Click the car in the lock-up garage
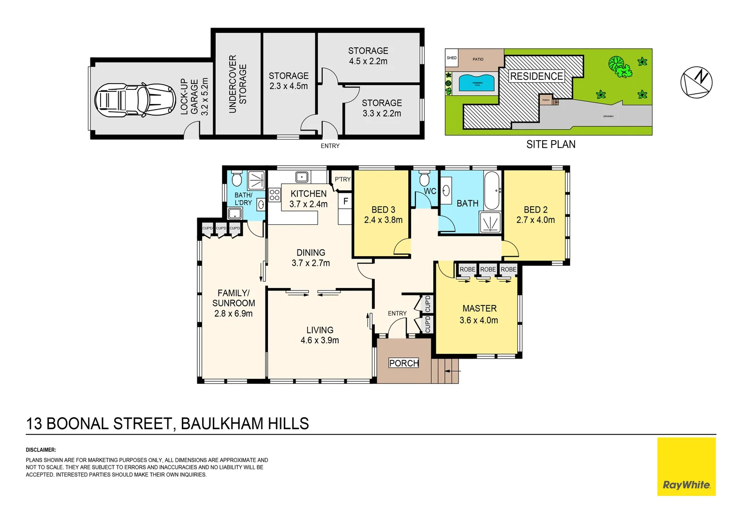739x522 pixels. (x=134, y=101)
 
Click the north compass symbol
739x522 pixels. (x=696, y=82)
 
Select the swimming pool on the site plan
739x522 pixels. (x=477, y=83)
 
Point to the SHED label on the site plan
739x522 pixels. (x=452, y=58)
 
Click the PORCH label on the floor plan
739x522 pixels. (x=404, y=363)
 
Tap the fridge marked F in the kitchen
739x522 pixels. (x=345, y=201)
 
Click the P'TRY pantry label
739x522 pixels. (x=342, y=179)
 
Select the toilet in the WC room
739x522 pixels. (x=424, y=179)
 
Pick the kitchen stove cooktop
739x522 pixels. (x=275, y=195)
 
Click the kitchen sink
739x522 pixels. (x=302, y=177)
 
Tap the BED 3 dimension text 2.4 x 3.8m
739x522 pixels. (x=383, y=220)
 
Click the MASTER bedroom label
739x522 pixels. (x=479, y=308)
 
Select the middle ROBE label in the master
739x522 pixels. (x=488, y=269)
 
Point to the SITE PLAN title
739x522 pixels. (x=551, y=145)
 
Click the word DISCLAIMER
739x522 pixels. (x=41, y=450)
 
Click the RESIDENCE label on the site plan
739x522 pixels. (x=536, y=76)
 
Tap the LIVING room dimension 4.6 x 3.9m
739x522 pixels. (x=320, y=340)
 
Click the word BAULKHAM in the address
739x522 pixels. (x=222, y=423)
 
